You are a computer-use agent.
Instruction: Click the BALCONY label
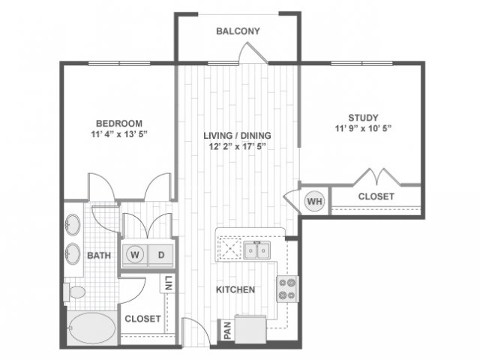point(238,31)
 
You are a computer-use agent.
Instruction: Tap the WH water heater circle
point(314,201)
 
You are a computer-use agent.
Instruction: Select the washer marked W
point(135,255)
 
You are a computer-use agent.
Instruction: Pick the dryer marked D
point(161,255)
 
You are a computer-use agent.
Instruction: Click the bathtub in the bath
point(91,328)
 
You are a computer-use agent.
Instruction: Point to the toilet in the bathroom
point(74,292)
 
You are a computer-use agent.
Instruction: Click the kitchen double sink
point(256,250)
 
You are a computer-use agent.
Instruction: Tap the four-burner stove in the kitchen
point(287,289)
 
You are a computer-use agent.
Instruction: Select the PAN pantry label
point(227,330)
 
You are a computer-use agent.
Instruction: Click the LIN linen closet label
point(168,283)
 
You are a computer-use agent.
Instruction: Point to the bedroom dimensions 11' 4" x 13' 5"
point(119,134)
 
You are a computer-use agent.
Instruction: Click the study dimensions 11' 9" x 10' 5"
point(363,128)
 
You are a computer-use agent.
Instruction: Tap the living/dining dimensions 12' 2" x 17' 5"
point(237,146)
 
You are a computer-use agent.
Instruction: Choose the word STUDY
point(363,118)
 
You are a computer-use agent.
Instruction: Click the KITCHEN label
point(235,289)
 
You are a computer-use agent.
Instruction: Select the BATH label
point(99,255)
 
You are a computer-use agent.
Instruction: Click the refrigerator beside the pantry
point(250,329)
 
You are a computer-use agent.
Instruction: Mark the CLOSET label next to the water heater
point(376,196)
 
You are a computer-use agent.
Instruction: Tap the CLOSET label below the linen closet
point(142,319)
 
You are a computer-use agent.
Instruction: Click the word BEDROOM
point(119,123)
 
